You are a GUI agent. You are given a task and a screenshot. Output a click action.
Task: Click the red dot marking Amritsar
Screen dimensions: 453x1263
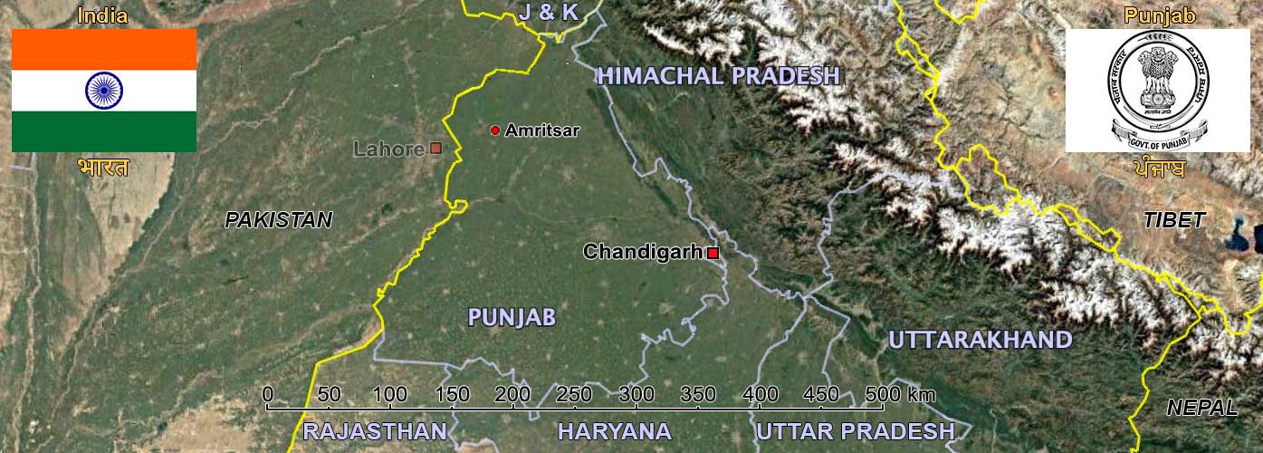495,130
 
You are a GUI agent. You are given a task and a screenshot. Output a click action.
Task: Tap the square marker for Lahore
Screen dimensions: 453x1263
435,148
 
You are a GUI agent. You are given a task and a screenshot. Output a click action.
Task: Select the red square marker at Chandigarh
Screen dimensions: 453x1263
713,253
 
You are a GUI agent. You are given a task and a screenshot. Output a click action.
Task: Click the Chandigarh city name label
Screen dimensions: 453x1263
642,252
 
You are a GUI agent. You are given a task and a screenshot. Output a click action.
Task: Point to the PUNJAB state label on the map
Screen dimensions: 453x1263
512,317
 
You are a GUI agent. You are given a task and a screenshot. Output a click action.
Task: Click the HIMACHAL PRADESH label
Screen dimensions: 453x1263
720,76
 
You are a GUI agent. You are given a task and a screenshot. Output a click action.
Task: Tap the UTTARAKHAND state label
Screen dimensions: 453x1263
980,341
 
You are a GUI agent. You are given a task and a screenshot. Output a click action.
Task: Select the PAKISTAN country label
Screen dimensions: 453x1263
279,220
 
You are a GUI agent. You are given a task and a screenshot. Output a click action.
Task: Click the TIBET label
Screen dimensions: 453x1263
1173,220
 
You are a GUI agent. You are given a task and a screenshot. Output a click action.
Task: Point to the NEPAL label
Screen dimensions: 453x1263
1201,408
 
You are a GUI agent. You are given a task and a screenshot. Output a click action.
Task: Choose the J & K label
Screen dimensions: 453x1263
549,13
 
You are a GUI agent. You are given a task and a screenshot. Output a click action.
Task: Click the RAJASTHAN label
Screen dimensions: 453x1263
375,431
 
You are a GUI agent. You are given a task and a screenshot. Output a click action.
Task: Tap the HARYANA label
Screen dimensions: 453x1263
615,431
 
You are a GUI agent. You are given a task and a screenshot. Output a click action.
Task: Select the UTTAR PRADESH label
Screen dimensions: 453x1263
855,431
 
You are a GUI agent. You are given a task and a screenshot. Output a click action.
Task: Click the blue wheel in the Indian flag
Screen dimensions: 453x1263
104,91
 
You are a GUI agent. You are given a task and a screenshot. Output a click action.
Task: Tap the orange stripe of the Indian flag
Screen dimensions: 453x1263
104,50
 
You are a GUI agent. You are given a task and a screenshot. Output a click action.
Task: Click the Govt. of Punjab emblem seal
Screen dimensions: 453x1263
1158,89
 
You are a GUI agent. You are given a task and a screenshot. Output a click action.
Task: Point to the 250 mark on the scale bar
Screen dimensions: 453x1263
575,396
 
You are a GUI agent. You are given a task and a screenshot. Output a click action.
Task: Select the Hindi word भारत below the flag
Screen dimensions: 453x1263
103,169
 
